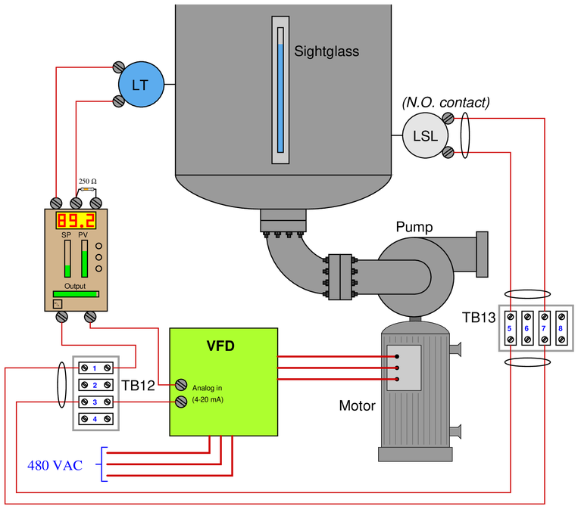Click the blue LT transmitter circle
point(141,84)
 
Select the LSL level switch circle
point(425,135)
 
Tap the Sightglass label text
point(326,51)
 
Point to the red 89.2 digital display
point(76,220)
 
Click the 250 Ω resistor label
point(88,181)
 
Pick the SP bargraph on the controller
point(67,259)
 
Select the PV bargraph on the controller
point(84,259)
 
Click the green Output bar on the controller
point(76,294)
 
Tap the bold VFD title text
point(220,346)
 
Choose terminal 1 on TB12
point(96,368)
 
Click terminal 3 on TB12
point(96,402)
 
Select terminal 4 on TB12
point(96,419)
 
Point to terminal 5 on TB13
point(511,328)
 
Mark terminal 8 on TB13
point(561,328)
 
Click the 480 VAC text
point(55,466)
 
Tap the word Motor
point(358,405)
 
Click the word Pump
point(414,227)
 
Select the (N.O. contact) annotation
point(446,102)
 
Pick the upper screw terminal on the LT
point(118,67)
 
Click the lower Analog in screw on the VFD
point(181,402)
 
